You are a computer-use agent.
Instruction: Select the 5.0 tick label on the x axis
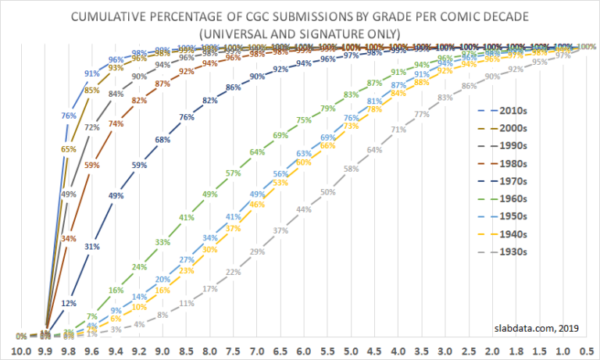click(352, 352)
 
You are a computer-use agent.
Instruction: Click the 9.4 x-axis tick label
click(116, 352)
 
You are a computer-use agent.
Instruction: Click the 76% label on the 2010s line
click(68, 116)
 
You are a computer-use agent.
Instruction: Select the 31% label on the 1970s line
click(91, 247)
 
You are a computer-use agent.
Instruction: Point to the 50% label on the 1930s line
click(327, 192)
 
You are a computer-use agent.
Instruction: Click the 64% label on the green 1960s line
click(256, 152)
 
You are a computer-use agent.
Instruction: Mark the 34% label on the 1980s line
click(68, 238)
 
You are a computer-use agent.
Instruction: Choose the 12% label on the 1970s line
click(69, 303)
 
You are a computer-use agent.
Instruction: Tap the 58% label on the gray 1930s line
click(351, 169)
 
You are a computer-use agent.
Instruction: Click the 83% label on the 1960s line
click(351, 95)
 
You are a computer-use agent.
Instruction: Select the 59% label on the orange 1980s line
click(91, 166)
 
